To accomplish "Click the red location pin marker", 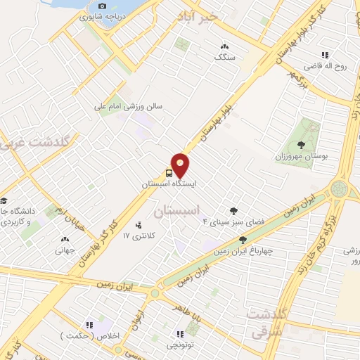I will click(181, 164).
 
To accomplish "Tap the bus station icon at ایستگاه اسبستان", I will click(169, 172).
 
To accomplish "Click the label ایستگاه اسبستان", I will click(169, 183).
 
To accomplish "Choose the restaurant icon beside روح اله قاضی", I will click(325, 54).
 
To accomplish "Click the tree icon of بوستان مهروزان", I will click(310, 144).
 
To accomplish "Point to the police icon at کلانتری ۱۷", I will click(138, 225).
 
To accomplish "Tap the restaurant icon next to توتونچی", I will click(181, 333).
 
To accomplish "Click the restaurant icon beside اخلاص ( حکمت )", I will click(89, 325).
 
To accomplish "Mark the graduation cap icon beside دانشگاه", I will click(3, 200).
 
